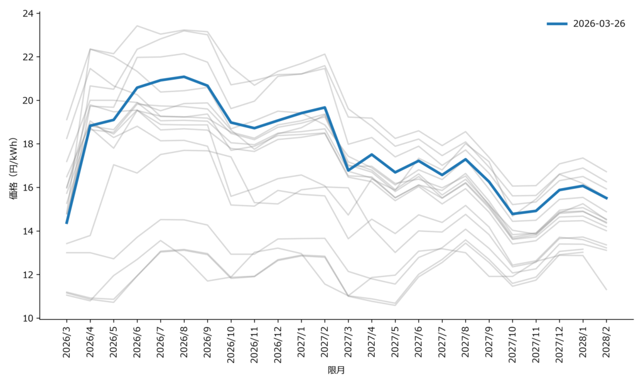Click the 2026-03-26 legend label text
(x=598, y=24)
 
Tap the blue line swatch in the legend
(x=557, y=24)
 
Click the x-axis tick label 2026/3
(x=67, y=342)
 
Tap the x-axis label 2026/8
(x=184, y=342)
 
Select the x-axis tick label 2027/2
(x=325, y=342)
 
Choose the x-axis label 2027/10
(x=512, y=344)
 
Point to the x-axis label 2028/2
(x=606, y=342)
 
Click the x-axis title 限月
(x=337, y=371)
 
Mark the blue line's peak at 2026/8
(x=184, y=76)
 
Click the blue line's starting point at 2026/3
(x=67, y=223)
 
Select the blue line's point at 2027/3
(x=349, y=171)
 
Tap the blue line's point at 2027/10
(x=512, y=214)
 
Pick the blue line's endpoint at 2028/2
(x=606, y=198)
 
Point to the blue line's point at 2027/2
(x=325, y=107)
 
